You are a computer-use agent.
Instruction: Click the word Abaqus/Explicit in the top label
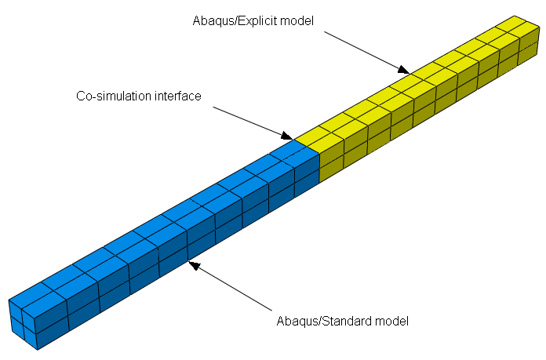235,21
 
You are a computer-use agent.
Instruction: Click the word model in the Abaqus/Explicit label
297,21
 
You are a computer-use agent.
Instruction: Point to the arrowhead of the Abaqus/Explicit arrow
404,70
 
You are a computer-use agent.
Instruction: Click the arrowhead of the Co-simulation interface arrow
287,136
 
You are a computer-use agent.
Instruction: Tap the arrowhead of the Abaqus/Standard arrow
194,265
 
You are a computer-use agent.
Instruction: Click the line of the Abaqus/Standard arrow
230,285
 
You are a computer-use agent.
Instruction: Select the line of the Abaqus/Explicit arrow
367,53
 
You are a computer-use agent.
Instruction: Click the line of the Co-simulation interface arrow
253,124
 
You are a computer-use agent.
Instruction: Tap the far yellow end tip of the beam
515,16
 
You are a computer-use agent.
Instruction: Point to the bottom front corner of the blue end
37,350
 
